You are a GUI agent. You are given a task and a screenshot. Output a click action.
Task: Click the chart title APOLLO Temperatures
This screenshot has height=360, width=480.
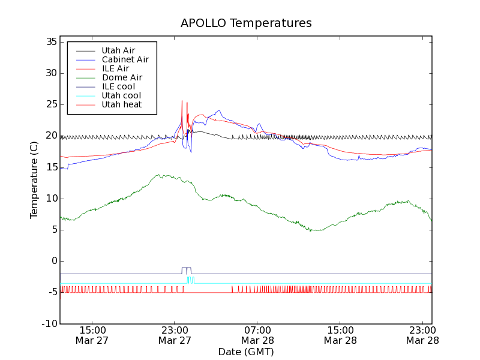pyautogui.click(x=246, y=23)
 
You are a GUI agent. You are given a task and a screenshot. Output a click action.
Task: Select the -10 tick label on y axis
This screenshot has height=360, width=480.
pyautogui.click(x=49, y=323)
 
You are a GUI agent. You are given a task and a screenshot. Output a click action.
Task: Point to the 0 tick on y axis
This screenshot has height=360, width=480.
pyautogui.click(x=53, y=261)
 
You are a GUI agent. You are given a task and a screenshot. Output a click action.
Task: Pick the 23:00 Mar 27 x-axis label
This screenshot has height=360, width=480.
pyautogui.click(x=175, y=335)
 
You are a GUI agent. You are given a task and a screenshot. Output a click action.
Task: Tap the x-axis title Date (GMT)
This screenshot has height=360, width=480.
pyautogui.click(x=246, y=352)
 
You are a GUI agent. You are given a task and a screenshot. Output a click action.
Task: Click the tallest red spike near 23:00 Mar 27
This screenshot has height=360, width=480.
pyautogui.click(x=182, y=101)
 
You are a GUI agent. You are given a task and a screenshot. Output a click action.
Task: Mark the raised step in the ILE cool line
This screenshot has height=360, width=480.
pyautogui.click(x=186, y=268)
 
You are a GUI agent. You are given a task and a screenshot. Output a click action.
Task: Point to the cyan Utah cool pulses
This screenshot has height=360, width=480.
pyautogui.click(x=190, y=279)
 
